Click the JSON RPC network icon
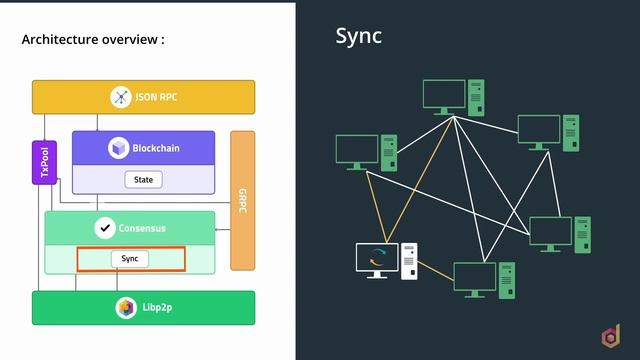click(121, 97)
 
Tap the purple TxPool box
click(44, 162)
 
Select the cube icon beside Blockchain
click(118, 148)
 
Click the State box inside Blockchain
click(144, 180)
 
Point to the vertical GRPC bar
click(242, 200)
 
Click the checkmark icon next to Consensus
click(105, 228)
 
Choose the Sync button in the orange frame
click(130, 259)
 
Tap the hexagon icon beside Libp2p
click(126, 308)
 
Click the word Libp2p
click(157, 307)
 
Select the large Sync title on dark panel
click(358, 36)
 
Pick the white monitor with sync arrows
click(377, 261)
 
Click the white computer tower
click(409, 261)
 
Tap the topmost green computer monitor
click(444, 97)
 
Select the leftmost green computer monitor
click(357, 152)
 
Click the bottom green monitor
click(475, 280)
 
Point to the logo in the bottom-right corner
click(611, 336)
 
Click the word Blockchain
click(156, 148)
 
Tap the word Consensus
click(142, 228)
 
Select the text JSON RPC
click(156, 97)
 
